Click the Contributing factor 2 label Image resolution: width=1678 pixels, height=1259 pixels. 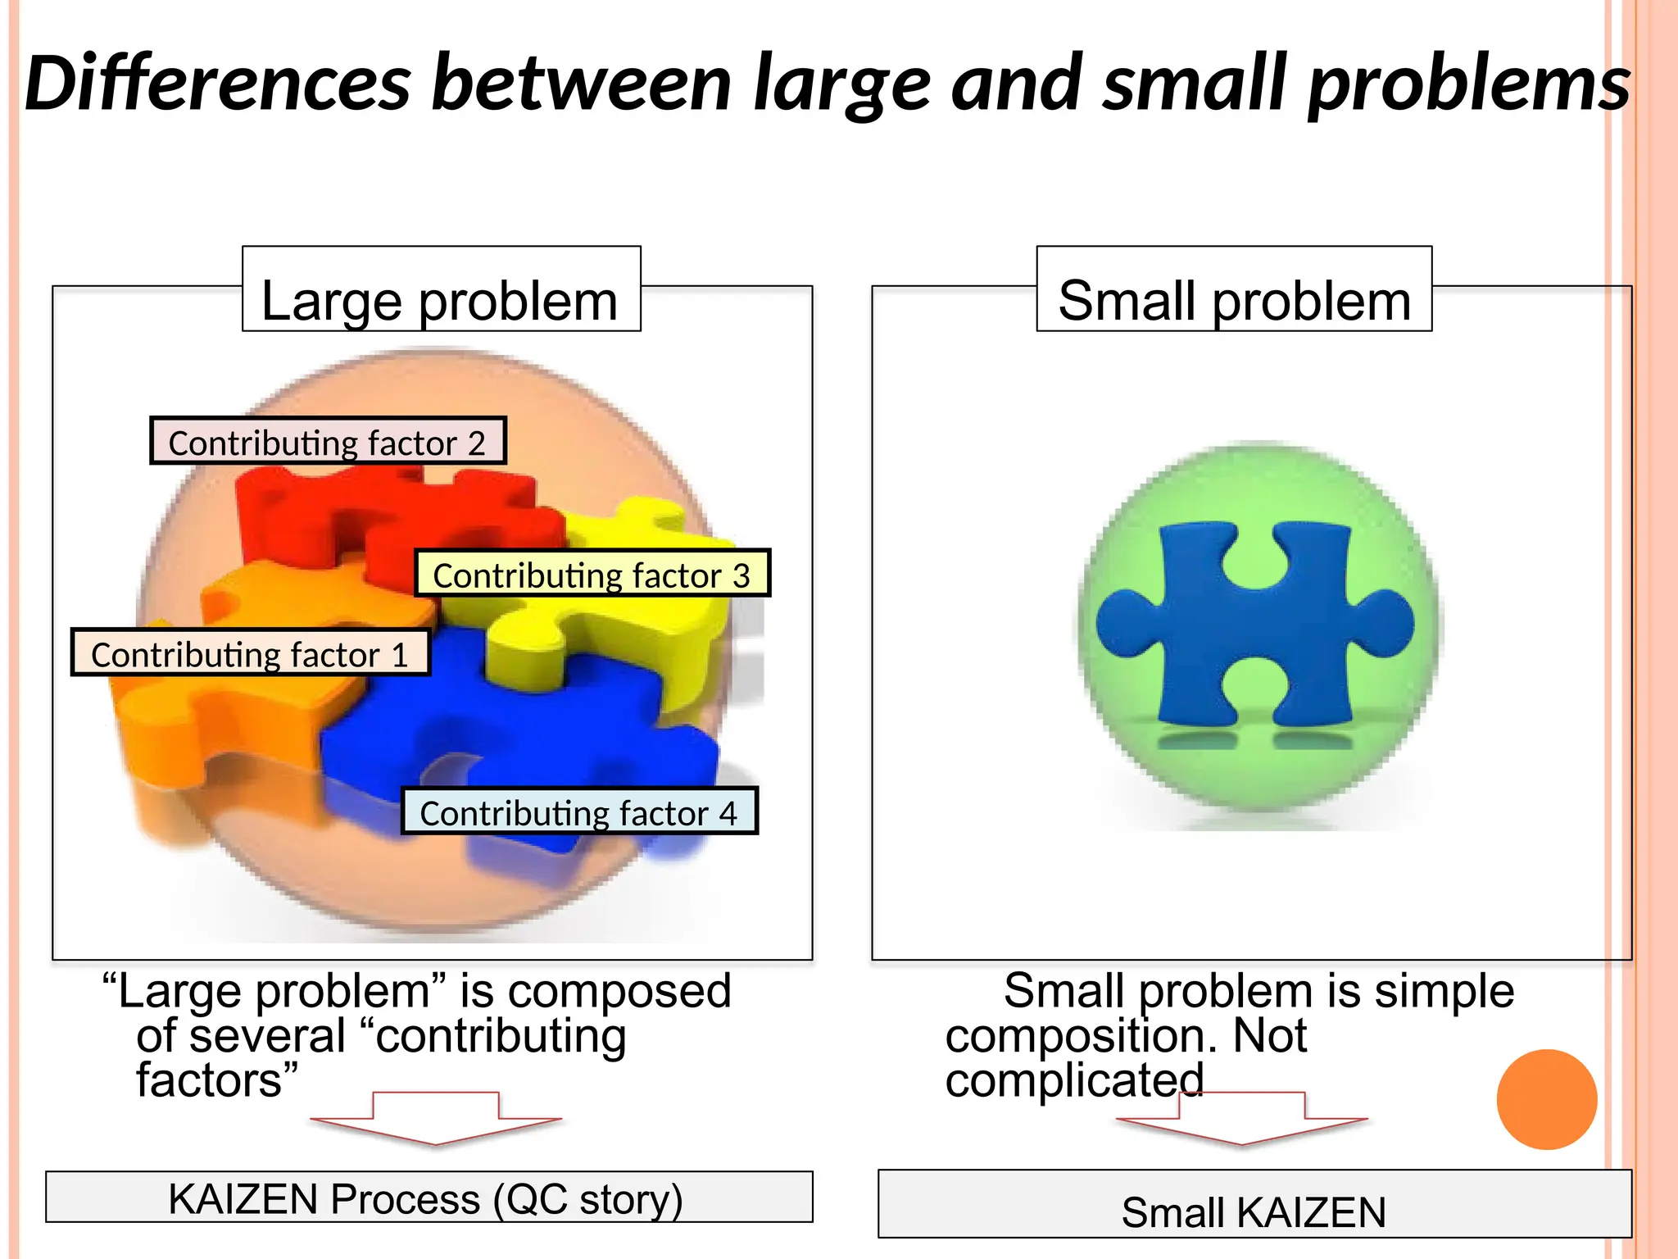point(328,441)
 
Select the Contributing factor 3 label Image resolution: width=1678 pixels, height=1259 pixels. point(592,573)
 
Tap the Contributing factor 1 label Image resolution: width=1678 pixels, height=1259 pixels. point(250,652)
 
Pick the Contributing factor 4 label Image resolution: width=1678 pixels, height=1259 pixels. point(578,811)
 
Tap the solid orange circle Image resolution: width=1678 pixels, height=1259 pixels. point(1546,1099)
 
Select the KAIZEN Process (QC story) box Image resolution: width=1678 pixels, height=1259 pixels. point(429,1198)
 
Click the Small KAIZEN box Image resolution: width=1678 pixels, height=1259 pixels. point(1254,1205)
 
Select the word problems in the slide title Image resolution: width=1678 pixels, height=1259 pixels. point(1468,84)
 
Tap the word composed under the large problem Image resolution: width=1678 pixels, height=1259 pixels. point(619,990)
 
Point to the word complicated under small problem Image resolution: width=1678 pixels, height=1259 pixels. point(1073,1080)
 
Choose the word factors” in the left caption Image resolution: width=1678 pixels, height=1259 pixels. point(216,1080)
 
